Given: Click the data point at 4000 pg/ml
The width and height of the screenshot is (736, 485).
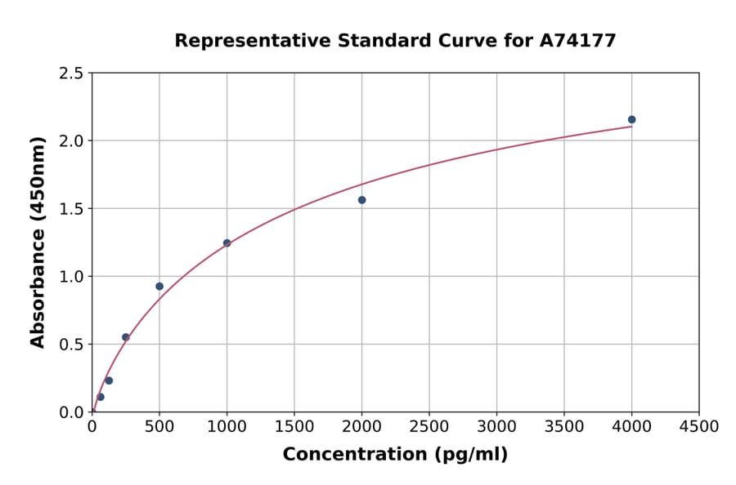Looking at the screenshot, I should (x=631, y=119).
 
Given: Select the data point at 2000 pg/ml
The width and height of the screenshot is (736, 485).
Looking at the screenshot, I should (x=361, y=200).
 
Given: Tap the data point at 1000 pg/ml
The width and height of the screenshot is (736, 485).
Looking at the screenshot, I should (x=227, y=243).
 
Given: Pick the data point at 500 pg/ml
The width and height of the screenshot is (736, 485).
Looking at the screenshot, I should (x=159, y=287).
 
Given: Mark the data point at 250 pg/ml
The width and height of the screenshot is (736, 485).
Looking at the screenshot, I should (x=126, y=337).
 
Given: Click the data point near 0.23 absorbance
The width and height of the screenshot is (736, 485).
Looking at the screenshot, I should (x=109, y=380).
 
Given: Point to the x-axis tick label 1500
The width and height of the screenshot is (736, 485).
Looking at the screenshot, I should (x=294, y=426).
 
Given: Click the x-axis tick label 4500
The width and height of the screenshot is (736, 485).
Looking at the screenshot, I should (x=698, y=426).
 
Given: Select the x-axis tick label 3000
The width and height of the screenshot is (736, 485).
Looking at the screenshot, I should (x=496, y=426).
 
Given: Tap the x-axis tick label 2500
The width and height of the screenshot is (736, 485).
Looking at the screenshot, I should (x=429, y=426).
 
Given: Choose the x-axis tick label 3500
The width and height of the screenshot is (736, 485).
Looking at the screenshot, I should (x=564, y=426).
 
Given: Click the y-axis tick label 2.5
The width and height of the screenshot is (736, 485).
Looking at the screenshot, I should (x=71, y=73).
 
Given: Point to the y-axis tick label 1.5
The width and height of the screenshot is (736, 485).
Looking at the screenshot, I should (x=71, y=209).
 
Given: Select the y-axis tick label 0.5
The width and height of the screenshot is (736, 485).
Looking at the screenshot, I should (x=71, y=345).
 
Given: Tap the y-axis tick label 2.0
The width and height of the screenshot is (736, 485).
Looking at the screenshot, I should (x=71, y=141).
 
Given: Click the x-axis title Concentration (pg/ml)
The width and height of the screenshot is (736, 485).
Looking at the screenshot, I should (x=395, y=455).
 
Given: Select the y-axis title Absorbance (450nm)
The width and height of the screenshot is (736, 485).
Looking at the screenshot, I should (x=38, y=242).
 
